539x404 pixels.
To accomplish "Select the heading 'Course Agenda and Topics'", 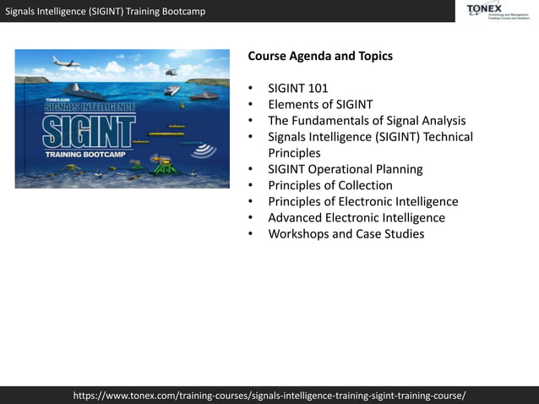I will tap(320, 57).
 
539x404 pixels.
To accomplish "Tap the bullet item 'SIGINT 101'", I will tap(298, 89).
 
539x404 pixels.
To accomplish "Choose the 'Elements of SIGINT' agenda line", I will tap(320, 105).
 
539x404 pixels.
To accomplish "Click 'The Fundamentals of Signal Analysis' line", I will tap(367, 121).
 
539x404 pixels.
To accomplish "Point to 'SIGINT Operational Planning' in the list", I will tap(346, 169).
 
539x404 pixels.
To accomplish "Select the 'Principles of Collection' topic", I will tap(330, 185).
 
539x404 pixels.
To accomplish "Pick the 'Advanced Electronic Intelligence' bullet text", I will tap(357, 217).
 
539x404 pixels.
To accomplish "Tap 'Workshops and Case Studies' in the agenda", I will tap(346, 233).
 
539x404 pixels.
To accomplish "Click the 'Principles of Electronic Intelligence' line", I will tap(363, 201).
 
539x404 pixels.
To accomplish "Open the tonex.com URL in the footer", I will tap(269, 395).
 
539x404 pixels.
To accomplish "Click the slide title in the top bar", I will tap(106, 11).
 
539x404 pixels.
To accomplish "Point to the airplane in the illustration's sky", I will tap(65, 62).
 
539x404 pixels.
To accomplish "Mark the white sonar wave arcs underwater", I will tap(203, 150).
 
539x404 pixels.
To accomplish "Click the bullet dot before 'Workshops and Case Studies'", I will tap(251, 234).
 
